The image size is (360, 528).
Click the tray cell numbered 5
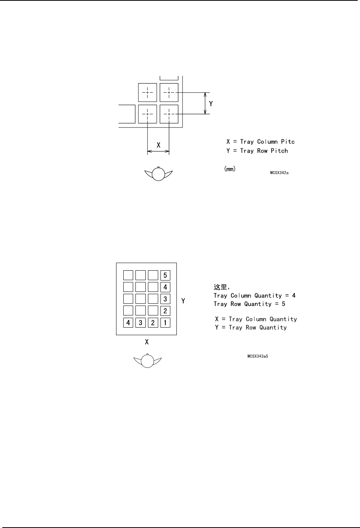tap(165, 275)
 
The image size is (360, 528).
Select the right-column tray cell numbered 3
tap(165, 299)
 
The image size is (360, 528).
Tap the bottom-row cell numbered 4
tap(129, 323)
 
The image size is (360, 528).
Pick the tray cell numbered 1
tap(165, 323)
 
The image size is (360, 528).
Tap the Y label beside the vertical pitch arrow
tap(211, 103)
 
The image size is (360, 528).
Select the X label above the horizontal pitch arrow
tap(158, 145)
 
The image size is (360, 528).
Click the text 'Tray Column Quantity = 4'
tap(255, 296)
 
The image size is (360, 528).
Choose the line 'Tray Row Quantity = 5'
tap(249, 304)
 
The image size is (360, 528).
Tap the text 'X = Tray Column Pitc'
tap(261, 142)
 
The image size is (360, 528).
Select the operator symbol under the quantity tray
tap(148, 361)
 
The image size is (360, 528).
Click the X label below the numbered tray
tap(146, 342)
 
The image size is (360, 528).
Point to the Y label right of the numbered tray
tap(183, 301)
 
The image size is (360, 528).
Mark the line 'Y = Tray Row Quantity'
tap(251, 328)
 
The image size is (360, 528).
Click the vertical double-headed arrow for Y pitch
tap(205, 103)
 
